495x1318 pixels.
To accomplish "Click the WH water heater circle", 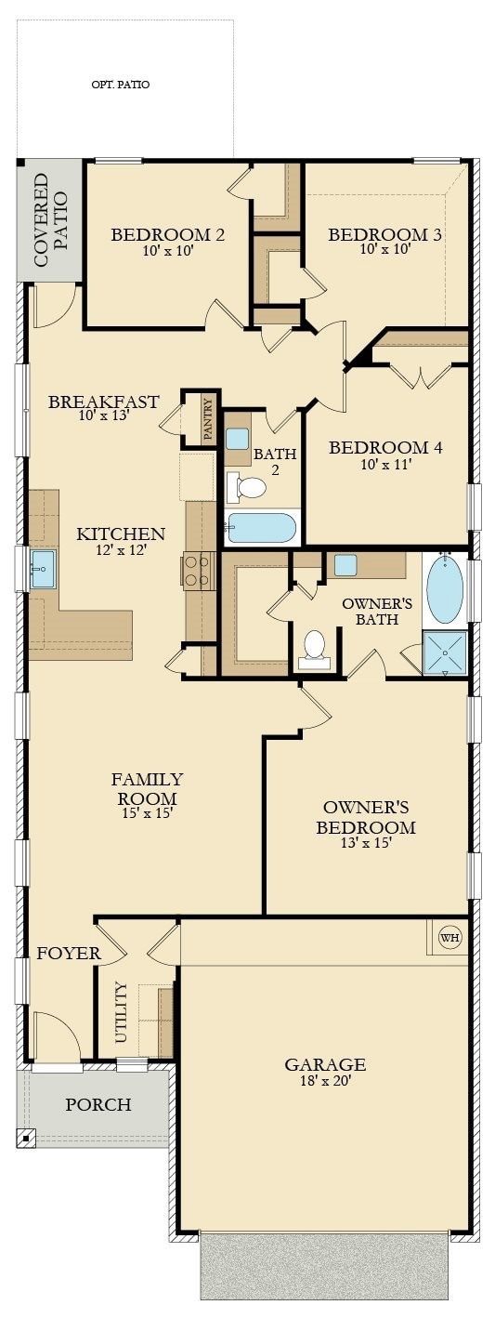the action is click(x=449, y=937).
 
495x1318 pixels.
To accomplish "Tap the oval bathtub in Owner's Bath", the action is click(x=445, y=588).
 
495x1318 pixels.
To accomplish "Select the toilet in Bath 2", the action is click(x=246, y=487).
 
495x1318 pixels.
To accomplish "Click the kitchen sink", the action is click(x=43, y=569).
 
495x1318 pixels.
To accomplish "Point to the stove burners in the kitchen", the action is click(x=197, y=572).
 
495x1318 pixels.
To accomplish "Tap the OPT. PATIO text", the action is click(x=121, y=85).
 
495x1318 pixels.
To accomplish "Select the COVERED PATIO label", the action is click(x=50, y=219).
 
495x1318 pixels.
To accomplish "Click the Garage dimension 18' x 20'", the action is click(x=325, y=1081).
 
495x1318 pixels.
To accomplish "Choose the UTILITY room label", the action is click(x=121, y=1011).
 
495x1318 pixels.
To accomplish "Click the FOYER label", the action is click(x=69, y=954).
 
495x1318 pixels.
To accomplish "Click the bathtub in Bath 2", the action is click(x=262, y=528).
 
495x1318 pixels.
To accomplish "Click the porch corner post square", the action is click(x=25, y=1138).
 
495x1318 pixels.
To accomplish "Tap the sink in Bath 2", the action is click(x=239, y=439).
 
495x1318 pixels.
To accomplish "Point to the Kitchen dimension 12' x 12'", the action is click(x=121, y=550).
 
